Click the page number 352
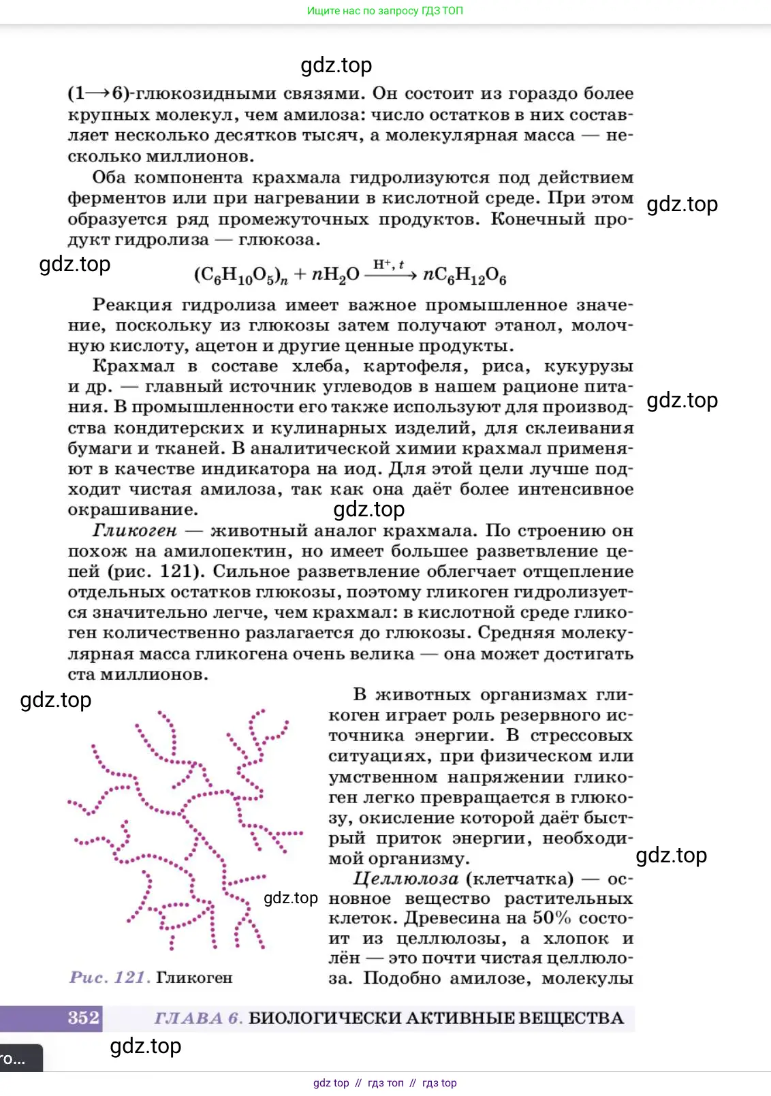pyautogui.click(x=84, y=1018)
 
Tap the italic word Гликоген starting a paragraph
pyautogui.click(x=134, y=530)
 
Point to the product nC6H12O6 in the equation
pyautogui.click(x=465, y=275)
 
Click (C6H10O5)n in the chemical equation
pyautogui.click(x=240, y=275)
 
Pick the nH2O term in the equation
pyautogui.click(x=335, y=275)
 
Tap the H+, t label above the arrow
pyautogui.click(x=388, y=264)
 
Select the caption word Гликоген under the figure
pyautogui.click(x=194, y=977)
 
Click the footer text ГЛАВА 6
pyautogui.click(x=198, y=1018)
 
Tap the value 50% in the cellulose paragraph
pyautogui.click(x=552, y=918)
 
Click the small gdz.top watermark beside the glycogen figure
pyautogui.click(x=291, y=898)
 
